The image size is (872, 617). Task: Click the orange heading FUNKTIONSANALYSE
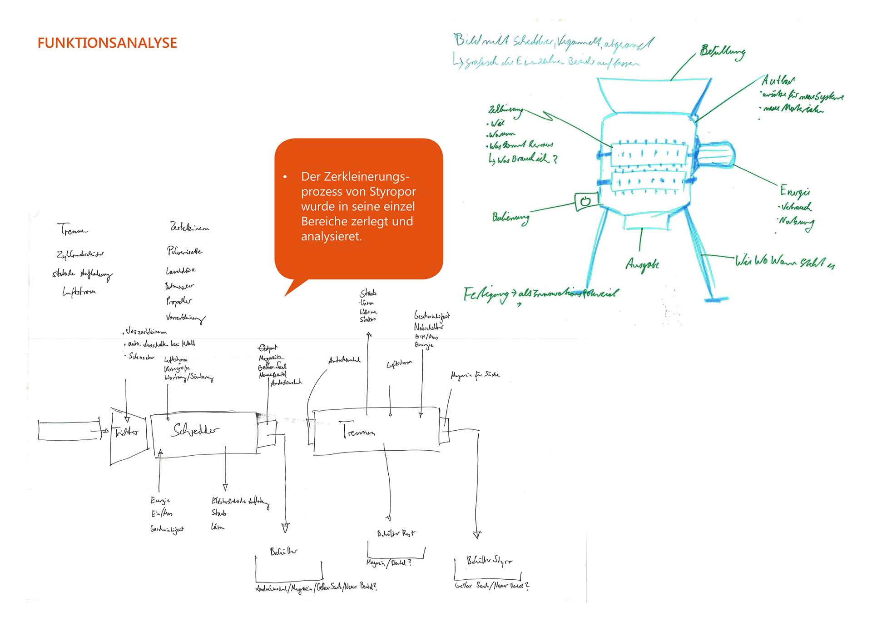click(x=107, y=43)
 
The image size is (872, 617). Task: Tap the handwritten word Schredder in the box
click(x=195, y=429)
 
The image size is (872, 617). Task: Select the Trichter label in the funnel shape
click(x=126, y=432)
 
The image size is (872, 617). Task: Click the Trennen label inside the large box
click(x=359, y=430)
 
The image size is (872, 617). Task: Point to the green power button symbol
click(x=585, y=200)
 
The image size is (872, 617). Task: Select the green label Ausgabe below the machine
click(x=642, y=264)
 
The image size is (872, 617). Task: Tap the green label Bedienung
click(x=510, y=218)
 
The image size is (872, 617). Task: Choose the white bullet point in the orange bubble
click(x=285, y=177)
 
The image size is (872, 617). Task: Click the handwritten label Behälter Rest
click(x=396, y=533)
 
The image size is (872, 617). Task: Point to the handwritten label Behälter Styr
click(x=489, y=561)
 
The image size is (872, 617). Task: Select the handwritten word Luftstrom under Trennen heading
click(x=79, y=291)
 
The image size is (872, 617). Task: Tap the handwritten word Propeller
click(x=178, y=301)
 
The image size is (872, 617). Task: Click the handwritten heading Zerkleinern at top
click(x=189, y=227)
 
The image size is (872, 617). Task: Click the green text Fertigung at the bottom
click(x=486, y=295)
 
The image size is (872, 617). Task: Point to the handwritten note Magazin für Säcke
click(x=475, y=375)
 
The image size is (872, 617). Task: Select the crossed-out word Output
click(x=268, y=348)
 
